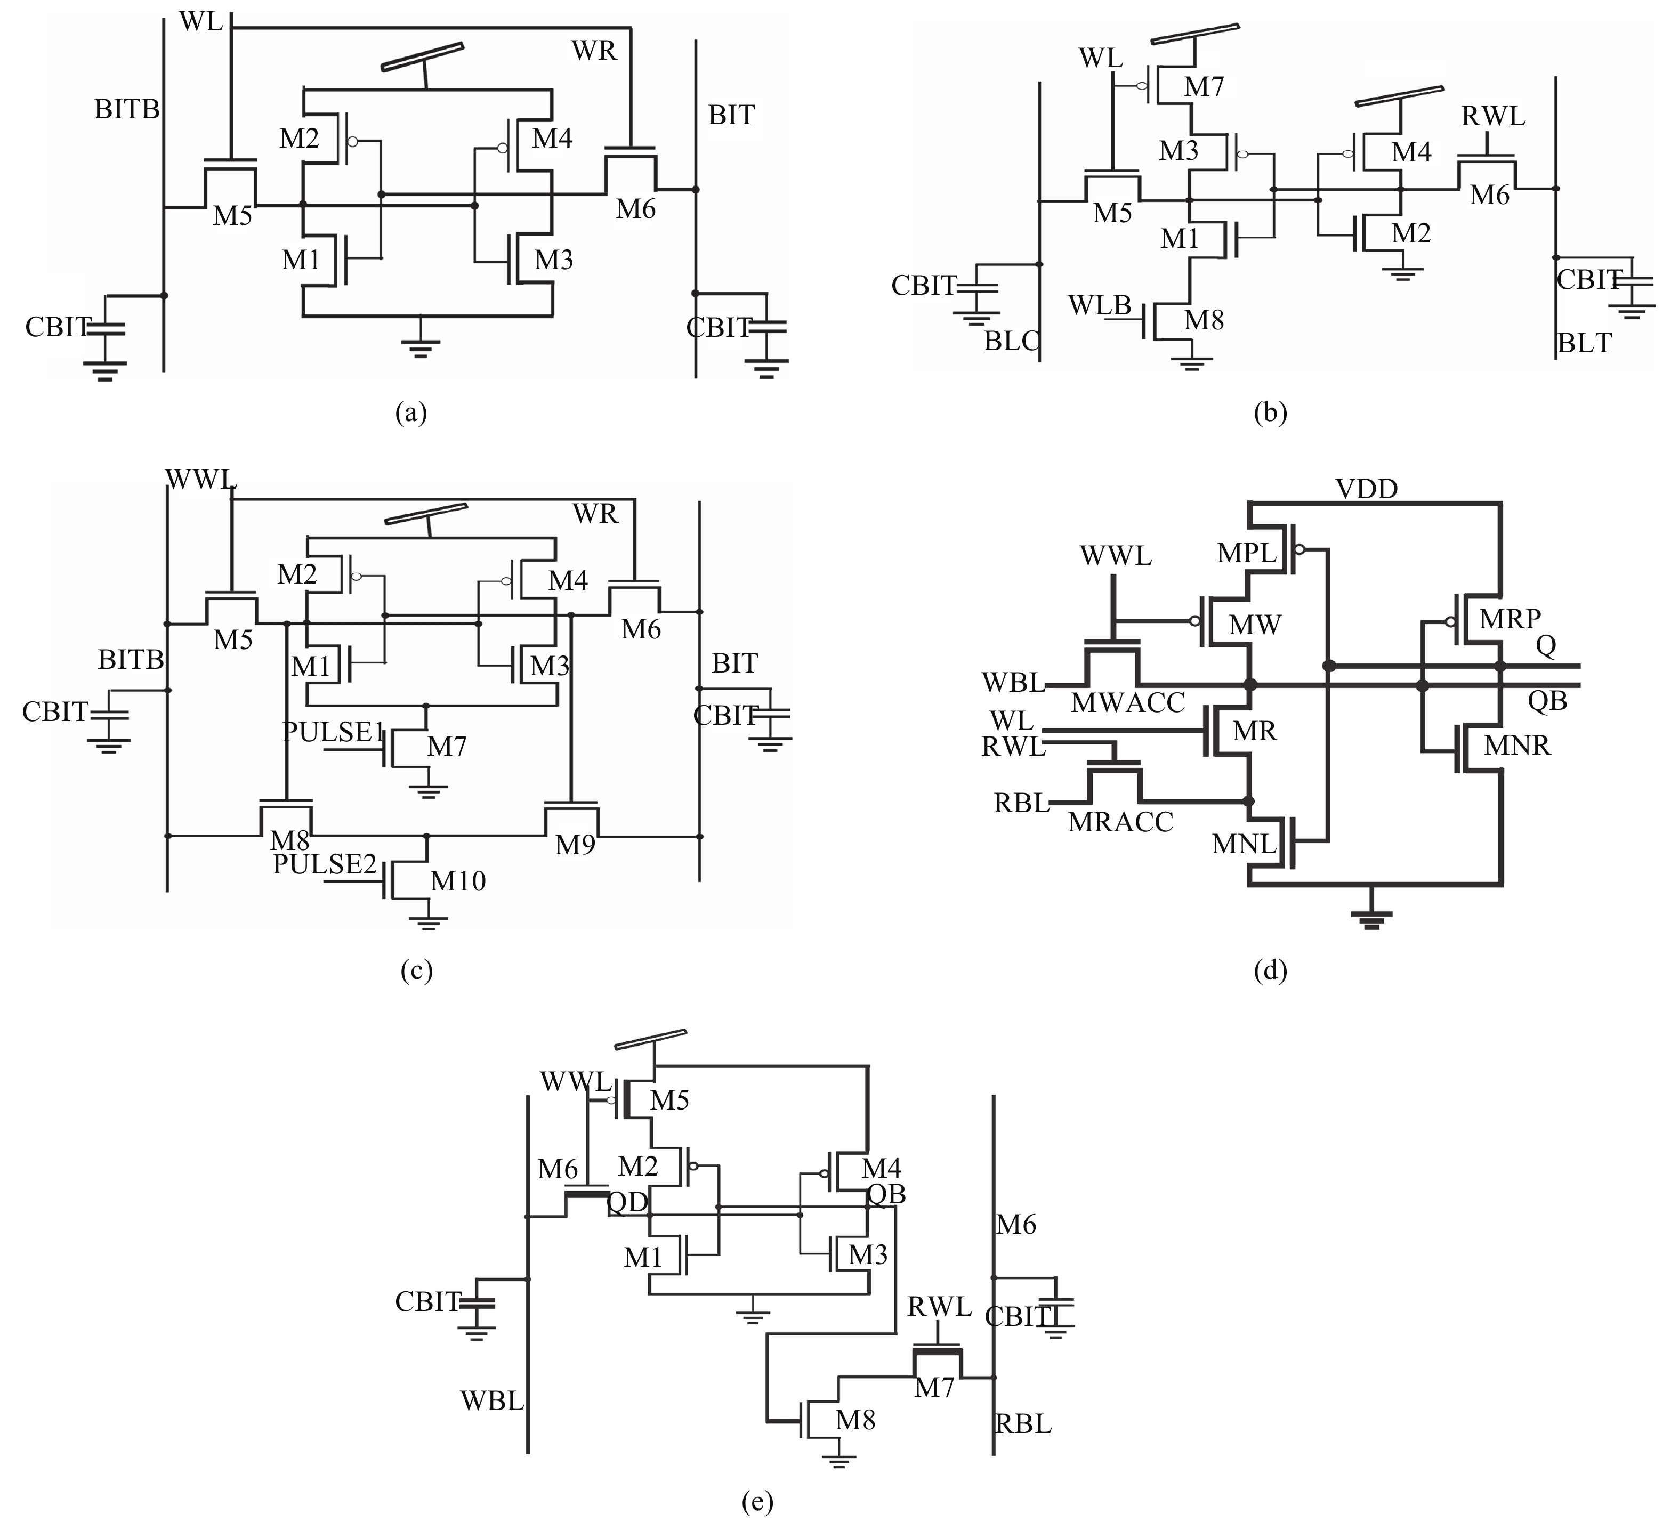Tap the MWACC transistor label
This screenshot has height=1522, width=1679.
point(1128,703)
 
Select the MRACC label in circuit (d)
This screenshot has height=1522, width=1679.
point(1120,822)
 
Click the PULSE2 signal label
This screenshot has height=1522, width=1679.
point(325,864)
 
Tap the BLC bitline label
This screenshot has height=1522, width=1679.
point(1011,342)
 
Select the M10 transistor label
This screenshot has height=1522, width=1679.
point(457,881)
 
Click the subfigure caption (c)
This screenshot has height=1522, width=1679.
point(416,971)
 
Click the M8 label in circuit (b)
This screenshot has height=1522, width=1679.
point(1204,320)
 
